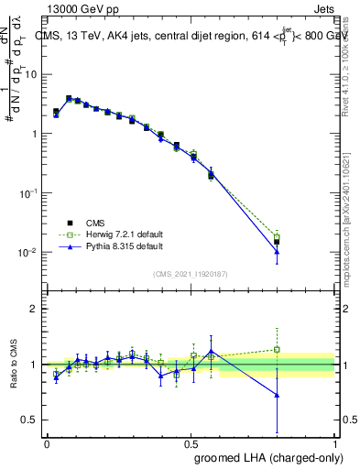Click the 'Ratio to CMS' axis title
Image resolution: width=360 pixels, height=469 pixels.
tap(15, 365)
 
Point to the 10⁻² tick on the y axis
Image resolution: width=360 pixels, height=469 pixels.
tap(30, 252)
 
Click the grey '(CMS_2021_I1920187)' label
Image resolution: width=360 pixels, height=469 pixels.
tap(191, 273)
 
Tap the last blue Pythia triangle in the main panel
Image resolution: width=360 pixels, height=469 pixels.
tap(277, 251)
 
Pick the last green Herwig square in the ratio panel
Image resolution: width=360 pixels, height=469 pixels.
tap(277, 349)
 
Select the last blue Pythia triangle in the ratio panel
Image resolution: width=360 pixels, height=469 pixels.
tap(277, 395)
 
